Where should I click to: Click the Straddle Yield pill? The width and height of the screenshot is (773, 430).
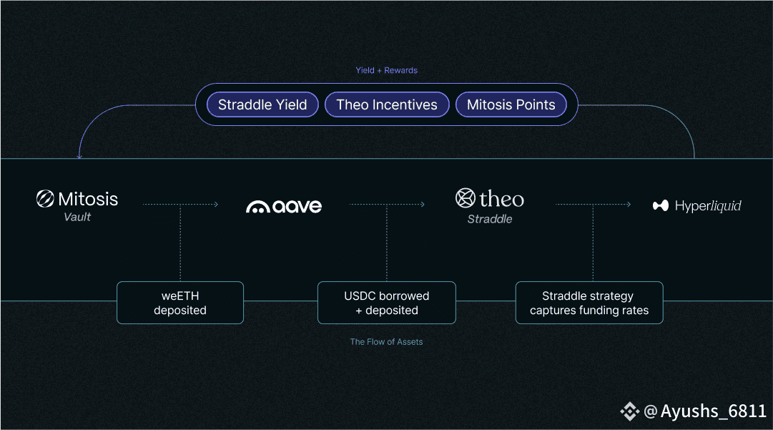coord(262,104)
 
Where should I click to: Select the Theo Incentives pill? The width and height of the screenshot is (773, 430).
coord(387,104)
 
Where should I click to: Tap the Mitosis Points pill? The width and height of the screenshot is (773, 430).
coord(511,104)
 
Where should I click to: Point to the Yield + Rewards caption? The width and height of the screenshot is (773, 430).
coord(386,70)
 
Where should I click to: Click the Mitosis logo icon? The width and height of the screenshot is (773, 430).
coord(45,199)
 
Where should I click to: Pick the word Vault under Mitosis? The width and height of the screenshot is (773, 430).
coord(77,217)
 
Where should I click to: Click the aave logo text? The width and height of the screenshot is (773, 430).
coord(284,207)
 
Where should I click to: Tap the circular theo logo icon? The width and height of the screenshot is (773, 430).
coord(466,198)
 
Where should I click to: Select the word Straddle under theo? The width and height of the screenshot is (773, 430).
coord(490,219)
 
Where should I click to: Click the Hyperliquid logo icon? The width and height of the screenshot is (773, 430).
coord(660,206)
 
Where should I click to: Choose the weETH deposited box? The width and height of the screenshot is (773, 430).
coord(180,303)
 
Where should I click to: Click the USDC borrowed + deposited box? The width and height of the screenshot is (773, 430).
coord(387,303)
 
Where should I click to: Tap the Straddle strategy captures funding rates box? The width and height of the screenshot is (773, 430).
coord(589,303)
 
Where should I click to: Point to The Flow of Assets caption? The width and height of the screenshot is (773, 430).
coord(386,342)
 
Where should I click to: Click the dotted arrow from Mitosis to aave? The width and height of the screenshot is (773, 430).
coord(180,205)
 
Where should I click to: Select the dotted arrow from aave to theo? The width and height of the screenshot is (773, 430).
coord(387,205)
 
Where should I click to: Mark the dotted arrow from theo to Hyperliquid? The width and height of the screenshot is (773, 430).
coord(593,205)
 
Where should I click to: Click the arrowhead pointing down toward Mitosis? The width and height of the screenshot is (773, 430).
coord(79,156)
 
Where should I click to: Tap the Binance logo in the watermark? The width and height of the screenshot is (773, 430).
coord(629,411)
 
